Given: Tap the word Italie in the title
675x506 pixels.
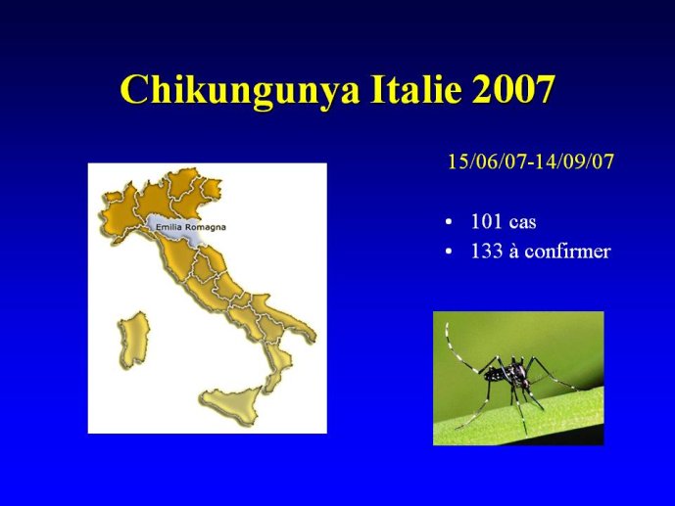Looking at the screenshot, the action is pyautogui.click(x=414, y=88).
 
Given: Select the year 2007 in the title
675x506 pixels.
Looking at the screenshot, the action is pyautogui.click(x=511, y=88).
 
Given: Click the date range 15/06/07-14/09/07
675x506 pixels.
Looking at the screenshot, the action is pyautogui.click(x=531, y=161).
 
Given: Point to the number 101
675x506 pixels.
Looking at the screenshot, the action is pyautogui.click(x=486, y=221).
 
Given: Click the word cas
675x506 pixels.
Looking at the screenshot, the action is pyautogui.click(x=522, y=223).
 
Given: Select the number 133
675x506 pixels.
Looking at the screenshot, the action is pyautogui.click(x=487, y=252).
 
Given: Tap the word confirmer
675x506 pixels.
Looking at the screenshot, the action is pyautogui.click(x=568, y=252).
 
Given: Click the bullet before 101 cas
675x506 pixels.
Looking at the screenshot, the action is pyautogui.click(x=449, y=223).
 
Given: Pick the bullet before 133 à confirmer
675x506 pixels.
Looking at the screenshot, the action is pyautogui.click(x=449, y=253).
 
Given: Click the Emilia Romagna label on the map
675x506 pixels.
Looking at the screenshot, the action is pyautogui.click(x=190, y=226).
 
